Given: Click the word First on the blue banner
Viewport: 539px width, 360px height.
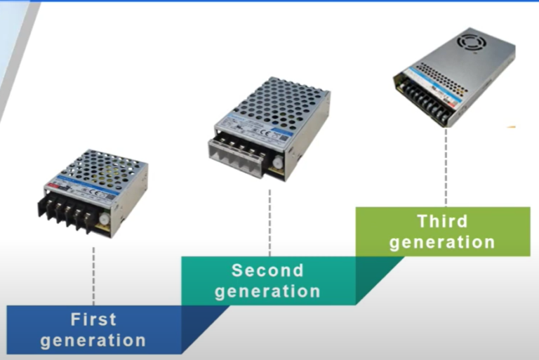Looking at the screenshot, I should pyautogui.click(x=93, y=319).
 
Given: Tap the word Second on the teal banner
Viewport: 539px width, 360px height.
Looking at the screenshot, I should pyautogui.click(x=267, y=270).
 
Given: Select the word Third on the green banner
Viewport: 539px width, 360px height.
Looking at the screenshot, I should pyautogui.click(x=442, y=222).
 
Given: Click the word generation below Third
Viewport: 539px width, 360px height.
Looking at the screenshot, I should pyautogui.click(x=442, y=243).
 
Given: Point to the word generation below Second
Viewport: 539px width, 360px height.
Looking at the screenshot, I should pyautogui.click(x=267, y=291).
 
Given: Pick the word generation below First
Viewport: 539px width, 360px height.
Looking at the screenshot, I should pyautogui.click(x=93, y=341).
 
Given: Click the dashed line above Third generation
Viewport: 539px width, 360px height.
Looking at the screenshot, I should pyautogui.click(x=446, y=168).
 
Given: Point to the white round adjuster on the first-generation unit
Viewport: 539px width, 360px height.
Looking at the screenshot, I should pyautogui.click(x=105, y=219).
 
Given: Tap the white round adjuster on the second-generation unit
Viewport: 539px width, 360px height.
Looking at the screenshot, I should pyautogui.click(x=279, y=161).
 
